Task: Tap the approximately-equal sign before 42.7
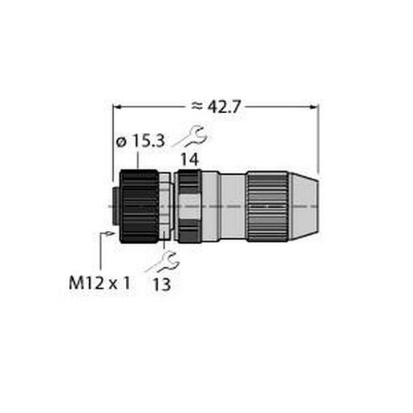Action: point(196,105)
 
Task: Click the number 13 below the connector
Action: point(164,284)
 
